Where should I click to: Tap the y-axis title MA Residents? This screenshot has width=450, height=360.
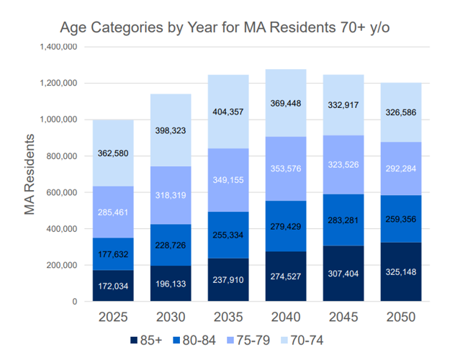30,174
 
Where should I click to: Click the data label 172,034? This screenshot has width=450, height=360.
112,286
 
